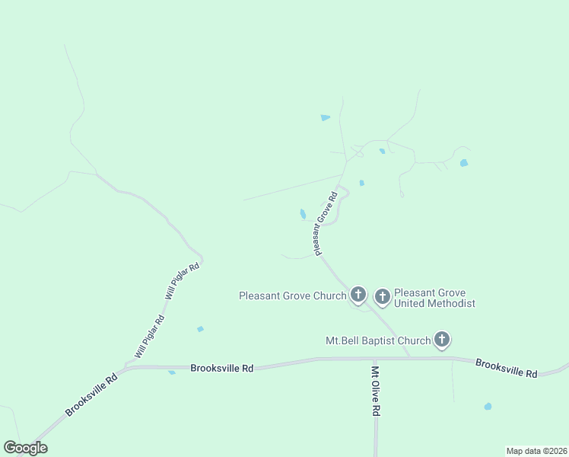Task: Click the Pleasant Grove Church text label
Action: (x=292, y=296)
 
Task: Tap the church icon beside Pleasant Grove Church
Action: (x=358, y=295)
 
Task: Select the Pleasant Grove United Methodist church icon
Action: (x=382, y=296)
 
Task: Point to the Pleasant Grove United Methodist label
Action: (x=434, y=298)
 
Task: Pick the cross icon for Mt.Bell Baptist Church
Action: (x=442, y=340)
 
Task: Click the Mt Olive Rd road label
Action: (x=376, y=391)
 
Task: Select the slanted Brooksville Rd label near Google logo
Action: (x=91, y=394)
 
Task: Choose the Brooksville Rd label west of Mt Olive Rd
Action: (x=221, y=367)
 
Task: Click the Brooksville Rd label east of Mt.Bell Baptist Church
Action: (x=507, y=368)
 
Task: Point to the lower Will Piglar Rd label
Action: (x=149, y=337)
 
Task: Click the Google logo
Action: (x=25, y=448)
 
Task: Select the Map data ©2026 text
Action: (x=536, y=450)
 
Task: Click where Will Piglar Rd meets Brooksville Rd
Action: (x=127, y=367)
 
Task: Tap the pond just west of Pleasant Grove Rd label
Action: (x=303, y=214)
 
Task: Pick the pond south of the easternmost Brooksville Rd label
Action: (x=488, y=407)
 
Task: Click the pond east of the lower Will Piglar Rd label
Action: (x=200, y=329)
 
